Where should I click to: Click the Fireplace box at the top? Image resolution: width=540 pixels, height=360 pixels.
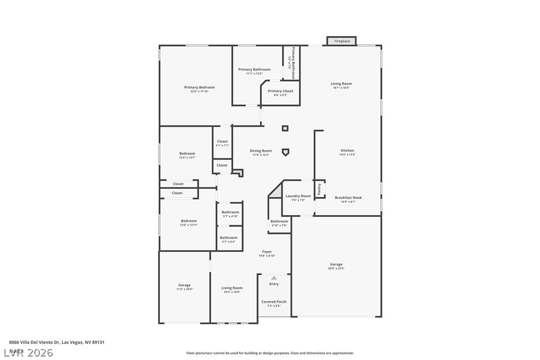pos(342,41)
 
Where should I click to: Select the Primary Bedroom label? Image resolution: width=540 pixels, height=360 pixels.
pos(199,88)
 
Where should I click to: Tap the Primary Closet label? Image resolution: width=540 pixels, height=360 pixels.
pos(280,91)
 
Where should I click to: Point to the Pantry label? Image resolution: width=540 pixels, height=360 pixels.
pos(319,189)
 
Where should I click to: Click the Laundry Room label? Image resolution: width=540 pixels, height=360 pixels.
pos(298,196)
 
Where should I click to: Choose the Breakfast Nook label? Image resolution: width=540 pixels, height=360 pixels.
pos(348,198)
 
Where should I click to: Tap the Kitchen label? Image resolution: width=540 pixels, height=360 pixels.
pos(347,151)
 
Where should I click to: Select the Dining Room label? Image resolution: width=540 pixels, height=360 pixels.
pos(261,151)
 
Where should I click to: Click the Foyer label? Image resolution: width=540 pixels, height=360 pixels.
pos(267,252)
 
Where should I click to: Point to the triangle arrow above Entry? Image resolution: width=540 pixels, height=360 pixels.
pos(273,278)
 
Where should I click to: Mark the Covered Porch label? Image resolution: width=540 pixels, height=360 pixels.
pos(274,302)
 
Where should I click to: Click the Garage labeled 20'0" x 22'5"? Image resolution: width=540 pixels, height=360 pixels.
pos(336,265)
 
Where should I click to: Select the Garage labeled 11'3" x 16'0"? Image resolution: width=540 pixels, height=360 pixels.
pos(184,285)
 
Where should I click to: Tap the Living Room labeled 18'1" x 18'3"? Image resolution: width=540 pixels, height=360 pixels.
pos(341,84)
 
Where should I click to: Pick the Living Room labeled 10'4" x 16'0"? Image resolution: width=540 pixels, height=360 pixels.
pos(232,288)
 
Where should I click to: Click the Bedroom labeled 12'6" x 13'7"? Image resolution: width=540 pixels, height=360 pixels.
pos(187,154)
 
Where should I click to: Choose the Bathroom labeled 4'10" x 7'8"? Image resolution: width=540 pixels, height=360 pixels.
pos(279,222)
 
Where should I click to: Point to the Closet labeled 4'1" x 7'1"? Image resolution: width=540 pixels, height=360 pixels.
pos(222,142)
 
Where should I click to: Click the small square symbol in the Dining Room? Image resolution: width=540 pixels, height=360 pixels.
pos(285,128)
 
